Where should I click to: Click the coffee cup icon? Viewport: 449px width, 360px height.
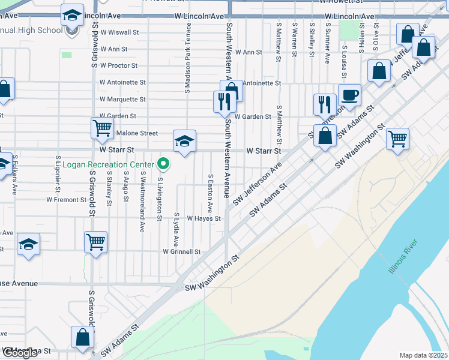pyautogui.click(x=349, y=95)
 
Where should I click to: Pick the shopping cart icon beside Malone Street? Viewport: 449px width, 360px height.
pyautogui.click(x=102, y=127)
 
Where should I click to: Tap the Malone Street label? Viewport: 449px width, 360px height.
pyautogui.click(x=137, y=133)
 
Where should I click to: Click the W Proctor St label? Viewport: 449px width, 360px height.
pyautogui.click(x=119, y=65)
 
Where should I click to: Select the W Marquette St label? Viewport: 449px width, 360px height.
pyautogui.click(x=122, y=99)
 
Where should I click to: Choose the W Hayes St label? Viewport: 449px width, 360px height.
pyautogui.click(x=205, y=219)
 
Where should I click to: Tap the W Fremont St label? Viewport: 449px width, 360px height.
pyautogui.click(x=66, y=199)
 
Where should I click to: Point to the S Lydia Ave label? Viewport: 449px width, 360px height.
pyautogui.click(x=176, y=229)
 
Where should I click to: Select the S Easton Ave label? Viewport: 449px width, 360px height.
pyautogui.click(x=210, y=193)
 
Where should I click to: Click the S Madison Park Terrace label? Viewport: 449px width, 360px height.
pyautogui.click(x=188, y=58)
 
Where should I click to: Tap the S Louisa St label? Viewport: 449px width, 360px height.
pyautogui.click(x=344, y=61)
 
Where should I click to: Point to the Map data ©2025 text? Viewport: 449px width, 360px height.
pyautogui.click(x=423, y=355)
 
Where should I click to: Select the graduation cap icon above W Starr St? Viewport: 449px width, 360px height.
pyautogui.click(x=184, y=141)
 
